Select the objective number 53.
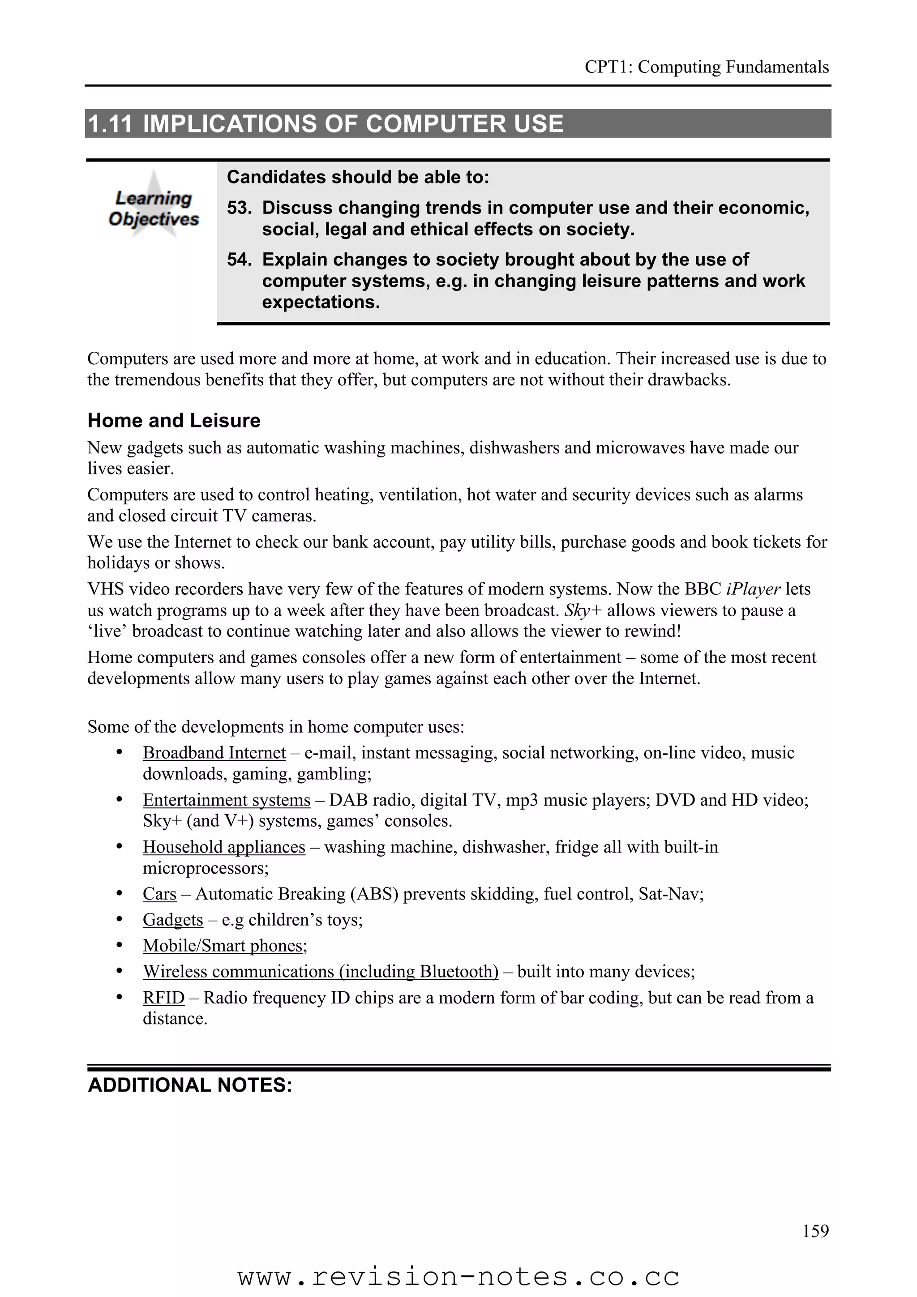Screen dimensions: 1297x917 tap(239, 208)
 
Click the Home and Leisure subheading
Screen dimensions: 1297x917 tap(174, 420)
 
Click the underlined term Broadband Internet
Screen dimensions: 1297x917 tap(214, 753)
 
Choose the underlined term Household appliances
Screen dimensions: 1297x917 tap(224, 847)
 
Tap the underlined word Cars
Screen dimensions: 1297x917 tap(159, 894)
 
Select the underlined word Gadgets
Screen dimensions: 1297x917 tap(172, 920)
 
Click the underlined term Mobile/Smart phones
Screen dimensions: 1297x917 tap(224, 946)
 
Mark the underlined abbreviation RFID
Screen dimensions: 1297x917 tap(163, 998)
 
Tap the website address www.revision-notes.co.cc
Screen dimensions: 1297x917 tap(458, 1277)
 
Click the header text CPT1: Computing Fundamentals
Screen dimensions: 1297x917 tap(706, 67)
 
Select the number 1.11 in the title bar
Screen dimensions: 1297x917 tap(110, 124)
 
